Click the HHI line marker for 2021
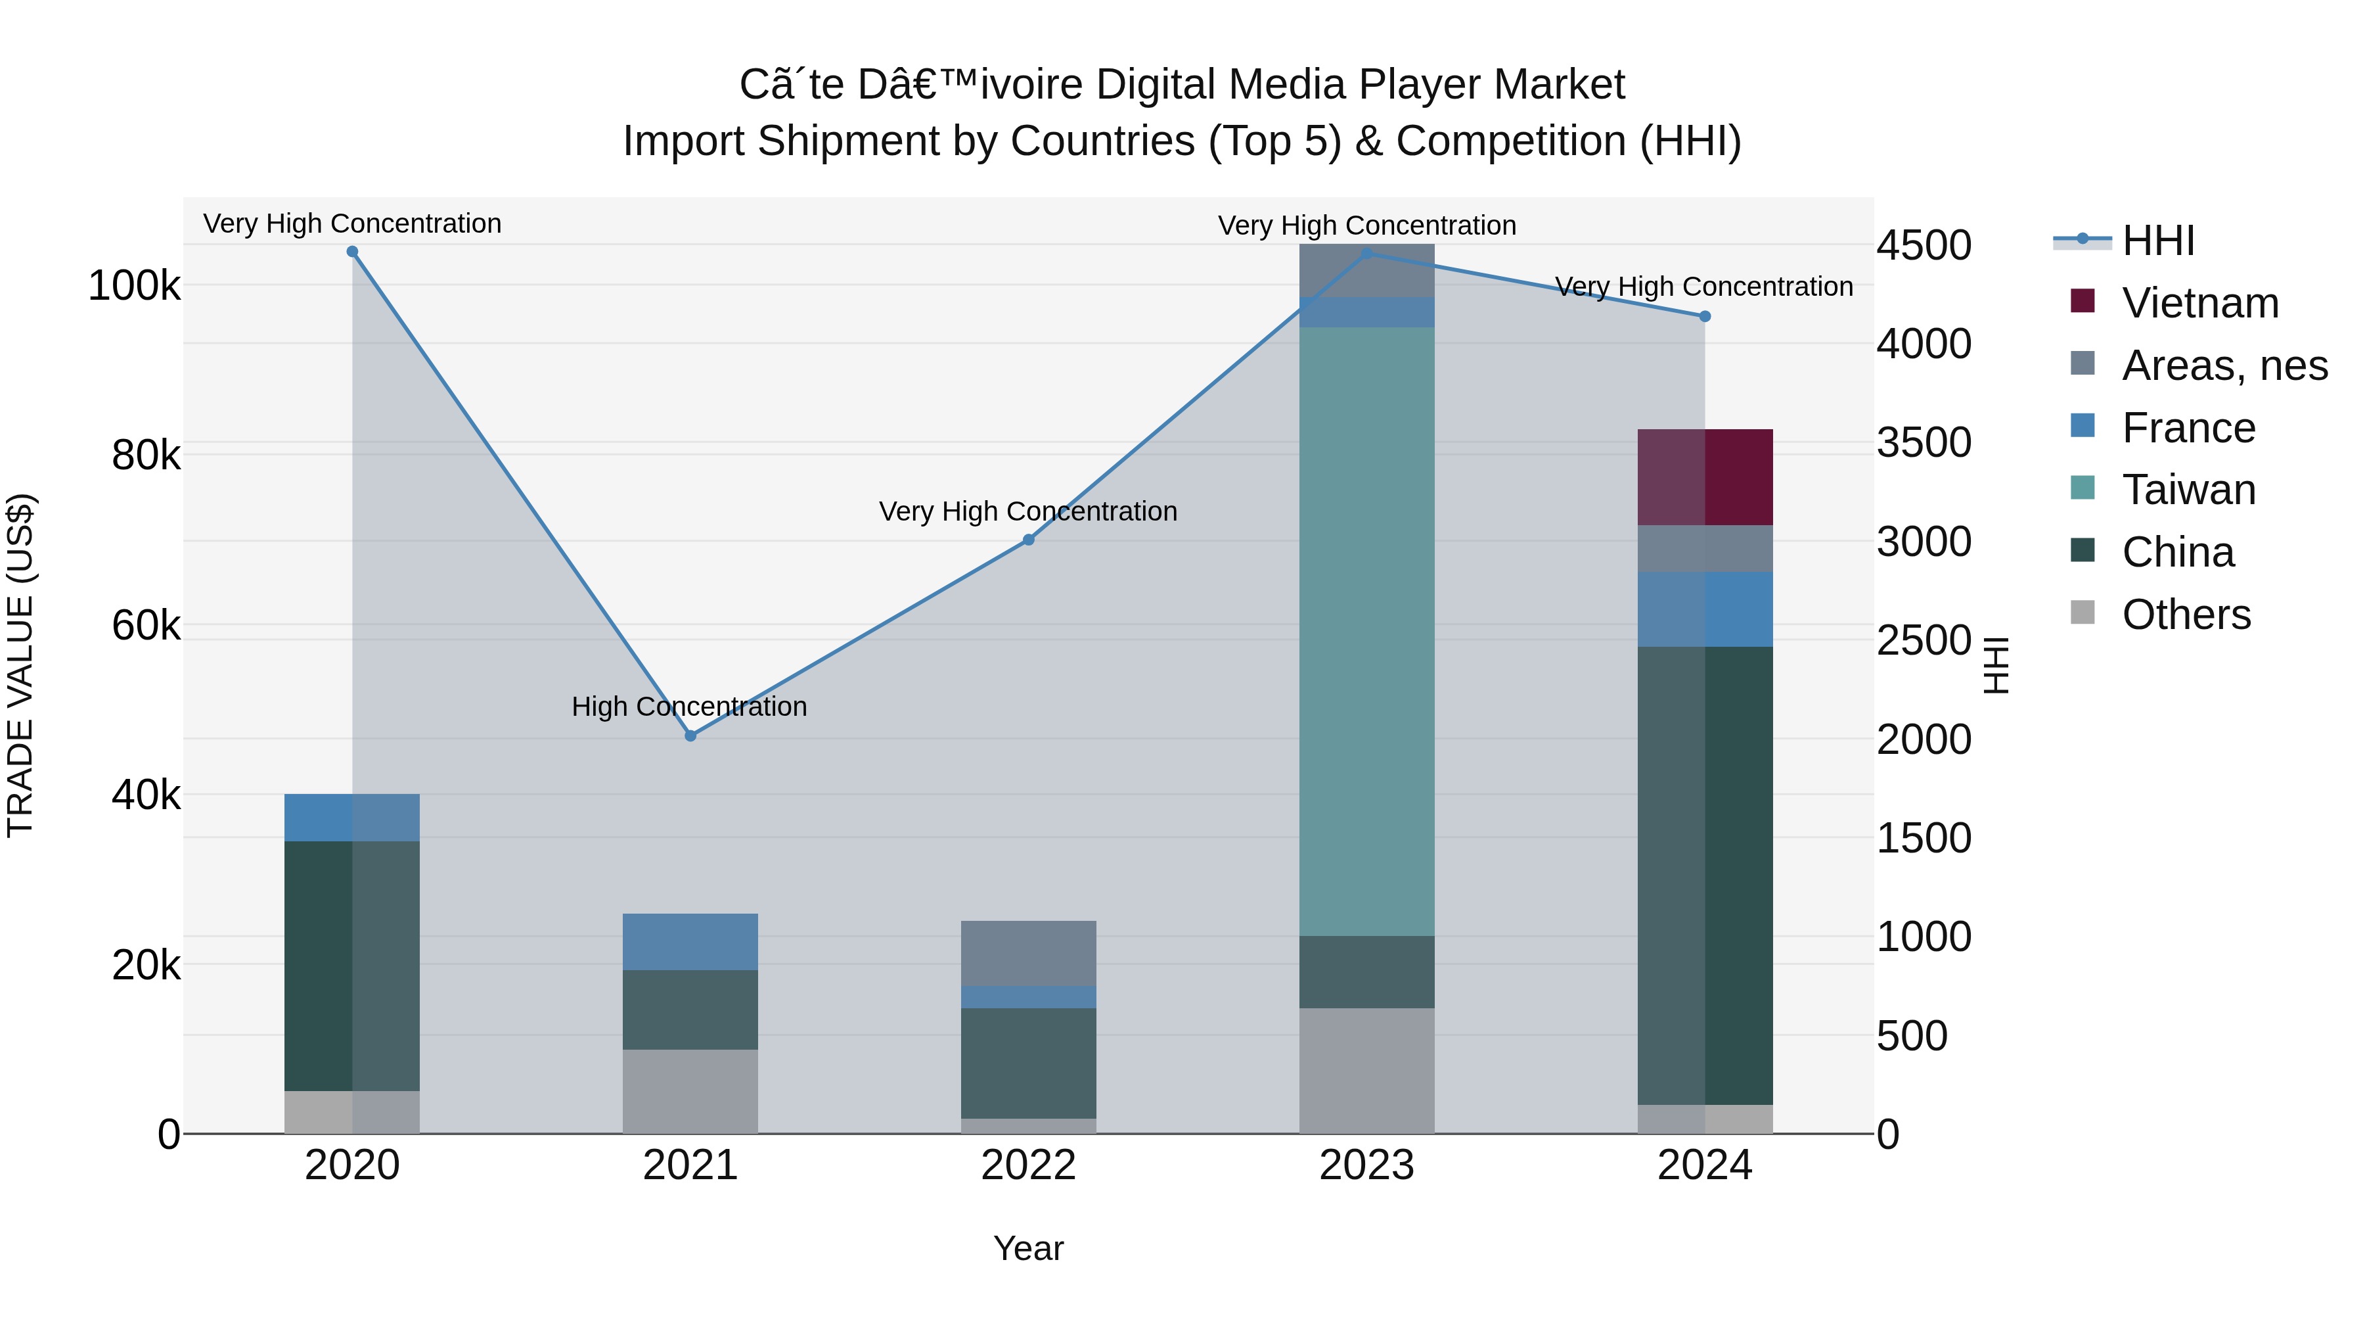[690, 736]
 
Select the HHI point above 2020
[353, 252]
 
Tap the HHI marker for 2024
[1705, 317]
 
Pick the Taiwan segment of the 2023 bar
[1366, 631]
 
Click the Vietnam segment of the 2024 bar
[1705, 477]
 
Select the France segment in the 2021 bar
[690, 941]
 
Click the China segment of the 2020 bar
[353, 966]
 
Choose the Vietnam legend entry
[2199, 303]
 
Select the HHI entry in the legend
[2157, 241]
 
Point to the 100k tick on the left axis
[134, 286]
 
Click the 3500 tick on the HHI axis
[1924, 443]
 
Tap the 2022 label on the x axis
[1028, 1165]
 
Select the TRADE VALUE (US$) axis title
[20, 665]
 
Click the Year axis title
[1028, 1248]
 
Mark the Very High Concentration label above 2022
[1027, 511]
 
